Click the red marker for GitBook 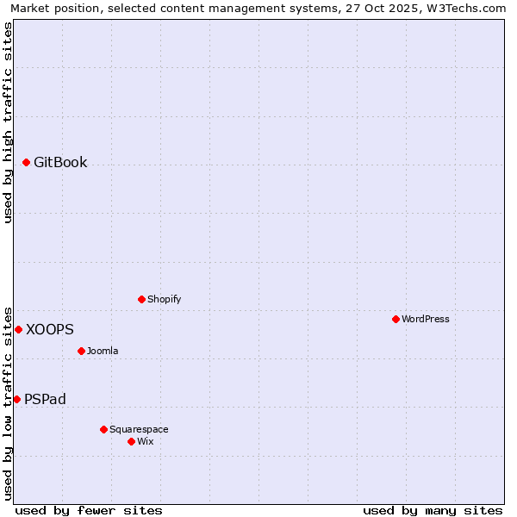(27, 162)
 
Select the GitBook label (60, 162)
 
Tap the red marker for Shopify (142, 299)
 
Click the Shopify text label (164, 299)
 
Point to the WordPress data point (396, 319)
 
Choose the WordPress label (425, 319)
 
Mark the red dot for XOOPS (18, 329)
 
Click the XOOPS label (50, 329)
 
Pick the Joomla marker (82, 351)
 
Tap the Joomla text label (103, 351)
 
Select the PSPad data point (16, 399)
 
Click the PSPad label (45, 399)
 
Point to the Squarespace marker (103, 429)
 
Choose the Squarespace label (139, 429)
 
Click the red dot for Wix (131, 441)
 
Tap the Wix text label (145, 441)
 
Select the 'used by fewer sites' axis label (89, 510)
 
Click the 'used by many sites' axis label (433, 510)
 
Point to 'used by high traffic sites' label (8, 122)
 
